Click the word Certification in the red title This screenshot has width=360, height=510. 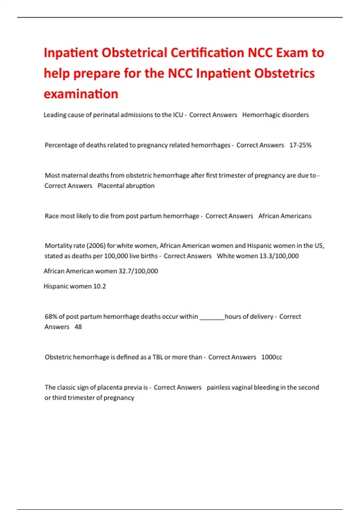click(x=207, y=53)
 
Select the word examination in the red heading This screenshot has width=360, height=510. click(x=81, y=94)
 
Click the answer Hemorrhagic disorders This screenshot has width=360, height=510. click(x=275, y=115)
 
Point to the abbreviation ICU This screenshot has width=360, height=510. click(x=178, y=115)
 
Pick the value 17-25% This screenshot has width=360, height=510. click(x=300, y=145)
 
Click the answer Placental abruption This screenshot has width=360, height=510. click(x=126, y=186)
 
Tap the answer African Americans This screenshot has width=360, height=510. click(x=285, y=216)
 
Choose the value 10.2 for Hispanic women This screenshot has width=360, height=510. click(x=100, y=286)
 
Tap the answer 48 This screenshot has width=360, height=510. click(x=78, y=327)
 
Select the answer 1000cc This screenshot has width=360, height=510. click(x=271, y=357)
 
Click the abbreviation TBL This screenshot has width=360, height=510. click(x=158, y=357)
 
